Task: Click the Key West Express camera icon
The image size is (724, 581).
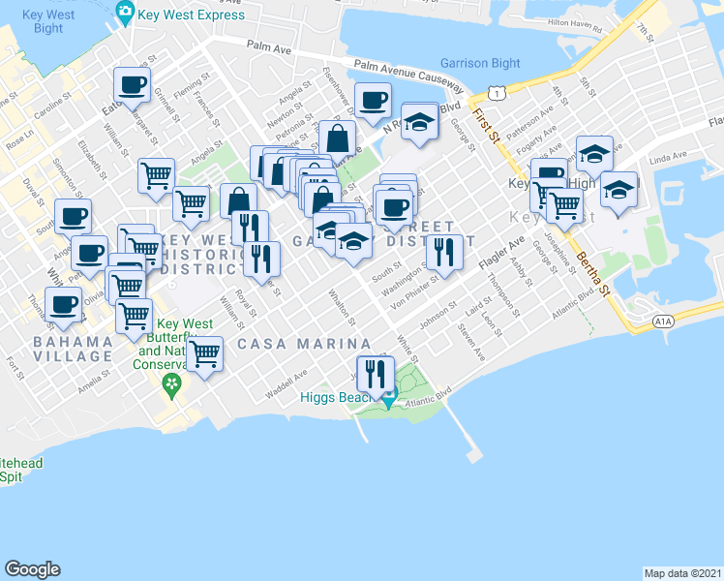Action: pos(125,13)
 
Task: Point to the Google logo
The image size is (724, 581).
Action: pos(32,569)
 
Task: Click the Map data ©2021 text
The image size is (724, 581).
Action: pos(683,572)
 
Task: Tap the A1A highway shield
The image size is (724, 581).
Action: pos(662,321)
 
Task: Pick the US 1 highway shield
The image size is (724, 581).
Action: pos(495,92)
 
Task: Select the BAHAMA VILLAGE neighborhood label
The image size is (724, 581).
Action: pos(73,350)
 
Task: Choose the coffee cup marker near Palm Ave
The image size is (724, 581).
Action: pos(132,84)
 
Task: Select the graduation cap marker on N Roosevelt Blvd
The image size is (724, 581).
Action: pos(419,122)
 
